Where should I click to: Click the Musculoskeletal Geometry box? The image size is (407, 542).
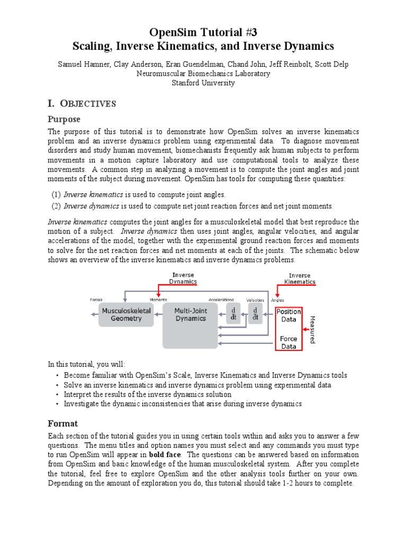pyautogui.click(x=126, y=314)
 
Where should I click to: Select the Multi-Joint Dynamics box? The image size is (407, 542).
pyautogui.click(x=190, y=314)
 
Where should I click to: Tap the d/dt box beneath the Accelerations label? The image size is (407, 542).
pyautogui.click(x=233, y=313)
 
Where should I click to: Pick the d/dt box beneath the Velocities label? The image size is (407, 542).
pyautogui.click(x=255, y=313)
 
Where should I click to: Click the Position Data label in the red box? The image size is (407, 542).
pyautogui.click(x=289, y=315)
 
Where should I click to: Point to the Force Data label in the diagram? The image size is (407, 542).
pyautogui.click(x=289, y=342)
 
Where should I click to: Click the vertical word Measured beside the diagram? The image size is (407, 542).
pyautogui.click(x=312, y=329)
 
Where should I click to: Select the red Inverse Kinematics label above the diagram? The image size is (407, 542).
pyautogui.click(x=299, y=278)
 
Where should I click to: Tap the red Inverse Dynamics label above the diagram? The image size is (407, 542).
pyautogui.click(x=183, y=278)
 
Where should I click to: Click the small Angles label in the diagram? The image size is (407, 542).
pyautogui.click(x=278, y=300)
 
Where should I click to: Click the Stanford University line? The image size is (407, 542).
pyautogui.click(x=203, y=83)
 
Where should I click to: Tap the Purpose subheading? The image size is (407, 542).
pyautogui.click(x=64, y=119)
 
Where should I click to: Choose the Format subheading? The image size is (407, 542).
pyautogui.click(x=63, y=423)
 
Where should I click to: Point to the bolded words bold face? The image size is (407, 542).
pyautogui.click(x=165, y=455)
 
